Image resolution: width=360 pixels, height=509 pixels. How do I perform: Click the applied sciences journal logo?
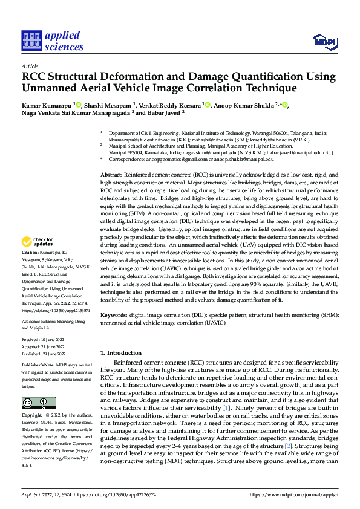point(53,41)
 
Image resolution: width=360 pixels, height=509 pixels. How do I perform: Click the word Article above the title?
point(30,66)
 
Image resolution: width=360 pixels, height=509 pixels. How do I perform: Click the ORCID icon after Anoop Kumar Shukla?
point(286,106)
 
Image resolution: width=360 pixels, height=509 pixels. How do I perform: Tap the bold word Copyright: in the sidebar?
point(32,416)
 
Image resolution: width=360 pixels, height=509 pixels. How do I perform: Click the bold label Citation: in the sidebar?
point(30,268)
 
